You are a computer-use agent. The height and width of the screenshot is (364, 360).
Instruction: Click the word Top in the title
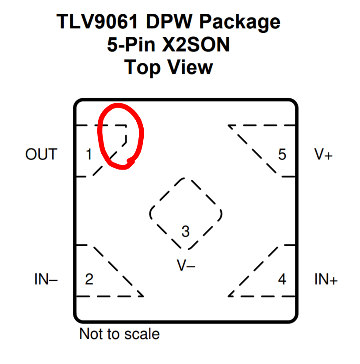(x=142, y=68)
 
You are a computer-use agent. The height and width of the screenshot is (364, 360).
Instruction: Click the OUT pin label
(x=41, y=155)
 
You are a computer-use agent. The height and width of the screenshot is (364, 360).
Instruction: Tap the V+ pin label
(x=323, y=155)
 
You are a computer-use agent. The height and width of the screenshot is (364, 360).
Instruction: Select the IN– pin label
(x=46, y=280)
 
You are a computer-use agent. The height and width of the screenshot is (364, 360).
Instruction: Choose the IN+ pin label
(x=326, y=280)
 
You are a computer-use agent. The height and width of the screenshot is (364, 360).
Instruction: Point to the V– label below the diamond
(x=186, y=265)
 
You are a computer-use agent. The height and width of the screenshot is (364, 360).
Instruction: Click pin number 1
(x=89, y=155)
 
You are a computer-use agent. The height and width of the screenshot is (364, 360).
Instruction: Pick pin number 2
(x=89, y=280)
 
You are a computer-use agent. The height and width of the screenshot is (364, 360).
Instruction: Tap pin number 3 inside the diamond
(x=185, y=231)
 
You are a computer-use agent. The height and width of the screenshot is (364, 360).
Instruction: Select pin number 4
(x=282, y=280)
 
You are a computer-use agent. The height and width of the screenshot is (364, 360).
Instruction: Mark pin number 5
(x=282, y=155)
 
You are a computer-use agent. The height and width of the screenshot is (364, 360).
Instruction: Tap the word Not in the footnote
(x=90, y=333)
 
